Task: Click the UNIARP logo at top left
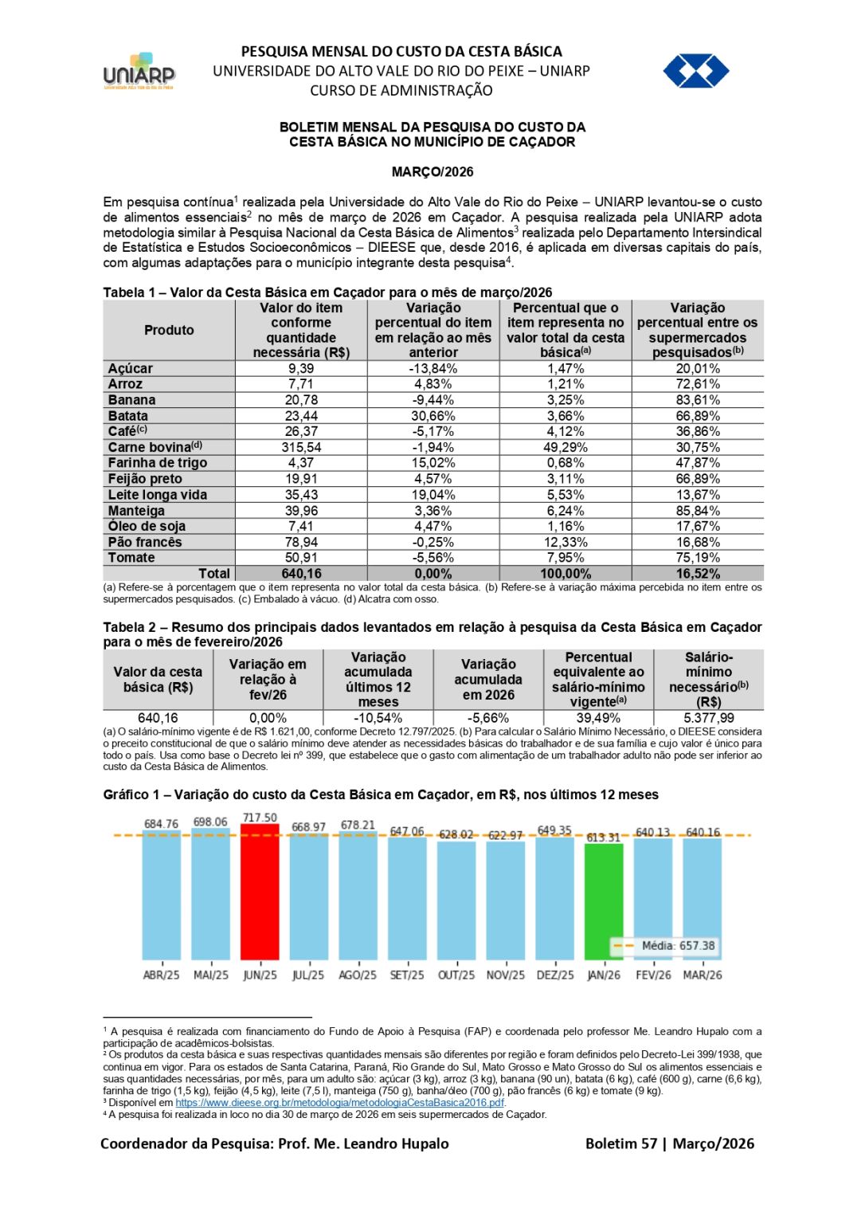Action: point(139,72)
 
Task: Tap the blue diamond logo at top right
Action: point(695,71)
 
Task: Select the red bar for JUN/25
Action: point(260,892)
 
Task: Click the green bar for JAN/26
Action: point(604,900)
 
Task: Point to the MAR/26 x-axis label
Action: point(703,975)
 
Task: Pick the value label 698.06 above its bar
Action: point(210,822)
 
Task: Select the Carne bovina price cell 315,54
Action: point(301,448)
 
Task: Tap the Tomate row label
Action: point(131,558)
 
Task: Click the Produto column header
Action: point(169,330)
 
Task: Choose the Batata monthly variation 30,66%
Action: point(433,416)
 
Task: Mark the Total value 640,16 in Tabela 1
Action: point(301,574)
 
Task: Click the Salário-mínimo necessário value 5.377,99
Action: point(708,718)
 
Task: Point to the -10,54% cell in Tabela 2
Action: point(378,718)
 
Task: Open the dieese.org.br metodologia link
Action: point(340,1103)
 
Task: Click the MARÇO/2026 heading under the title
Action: point(432,172)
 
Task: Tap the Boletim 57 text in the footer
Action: point(621,1144)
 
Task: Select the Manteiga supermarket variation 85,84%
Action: point(698,511)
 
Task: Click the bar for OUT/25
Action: point(456,900)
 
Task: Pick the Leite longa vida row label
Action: point(158,495)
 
